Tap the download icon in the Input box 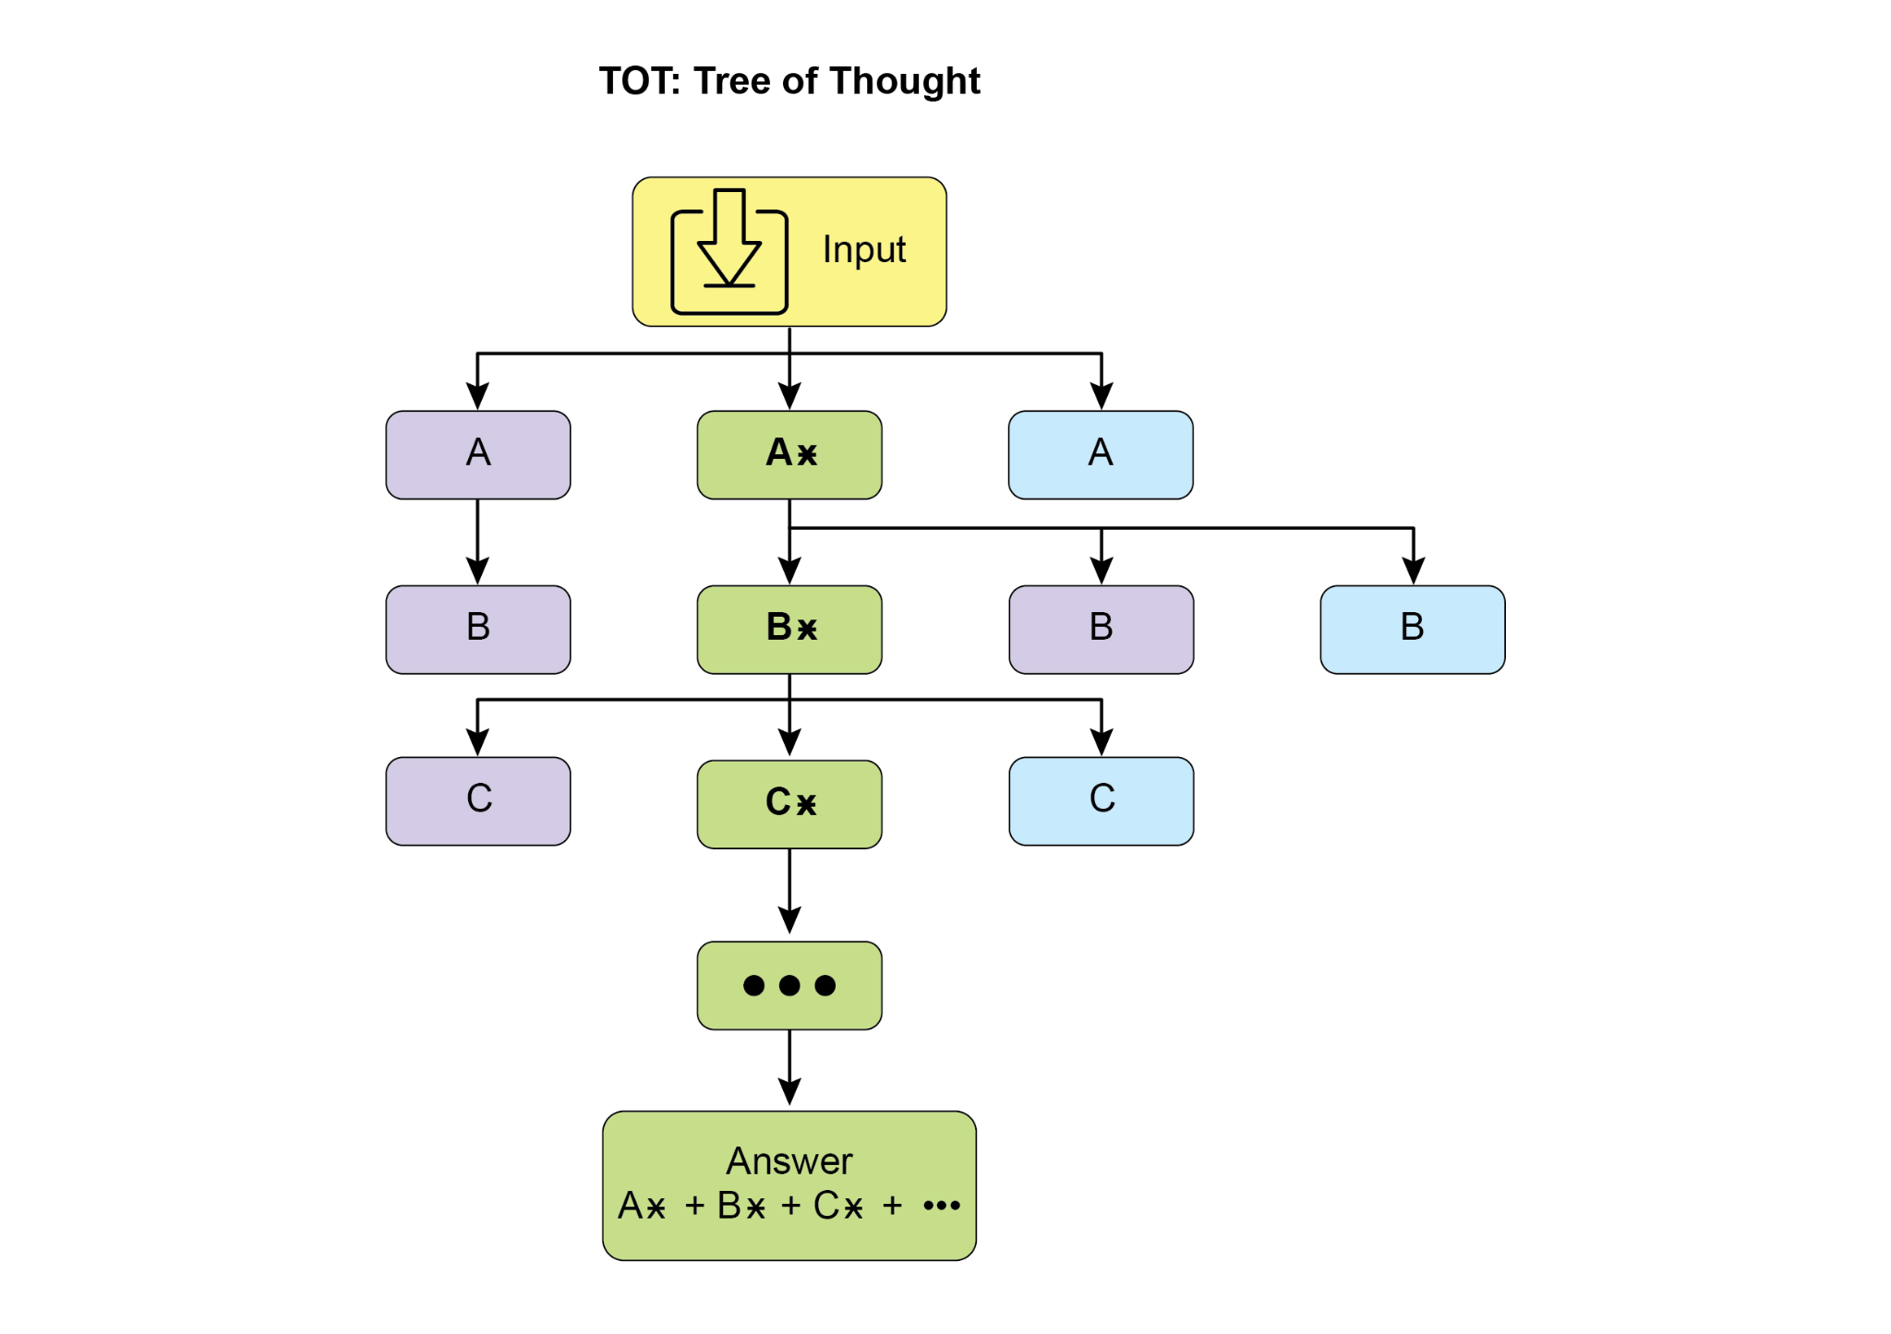click(x=729, y=252)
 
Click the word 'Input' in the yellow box click(x=863, y=249)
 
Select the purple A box click(x=477, y=454)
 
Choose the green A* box click(x=789, y=454)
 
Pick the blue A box click(x=1100, y=454)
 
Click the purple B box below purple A click(x=477, y=629)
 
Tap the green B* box click(x=789, y=629)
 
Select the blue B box click(x=1412, y=629)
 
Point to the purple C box click(x=477, y=800)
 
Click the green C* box click(x=789, y=803)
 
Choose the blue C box click(x=1101, y=800)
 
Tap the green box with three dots click(x=789, y=985)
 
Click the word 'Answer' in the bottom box click(x=789, y=1160)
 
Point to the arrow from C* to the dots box click(x=789, y=891)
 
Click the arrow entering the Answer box click(x=789, y=1068)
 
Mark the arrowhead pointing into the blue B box click(x=1413, y=571)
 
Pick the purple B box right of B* click(x=1101, y=629)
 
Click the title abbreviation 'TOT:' click(x=639, y=81)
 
